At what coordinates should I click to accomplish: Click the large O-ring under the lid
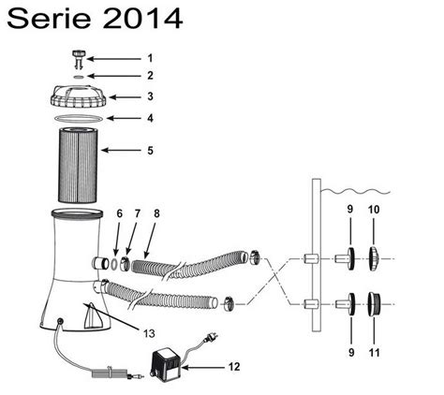point(79,120)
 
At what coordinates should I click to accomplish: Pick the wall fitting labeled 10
point(373,256)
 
